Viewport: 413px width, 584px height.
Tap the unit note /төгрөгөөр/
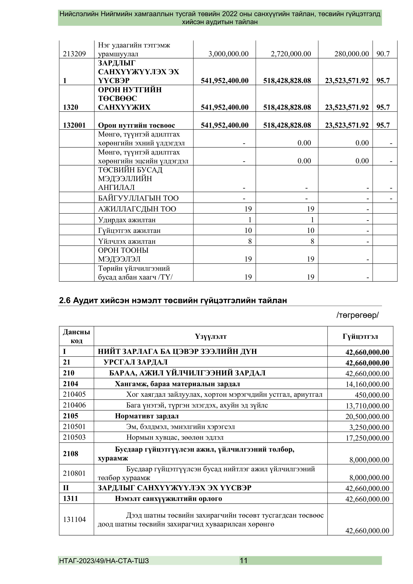pos(358,315)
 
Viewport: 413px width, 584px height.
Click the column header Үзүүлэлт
pos(210,336)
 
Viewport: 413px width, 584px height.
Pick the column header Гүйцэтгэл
pos(360,336)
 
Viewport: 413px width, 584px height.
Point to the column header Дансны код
pos(76,336)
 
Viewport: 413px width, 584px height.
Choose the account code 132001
pos(74,125)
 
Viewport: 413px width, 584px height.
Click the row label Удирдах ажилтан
pos(127,220)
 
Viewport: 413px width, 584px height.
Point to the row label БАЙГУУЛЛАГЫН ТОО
pos(138,198)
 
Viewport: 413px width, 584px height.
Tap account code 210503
pos(74,437)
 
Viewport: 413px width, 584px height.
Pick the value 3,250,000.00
pos(369,427)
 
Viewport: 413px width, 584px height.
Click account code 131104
pos(74,519)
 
